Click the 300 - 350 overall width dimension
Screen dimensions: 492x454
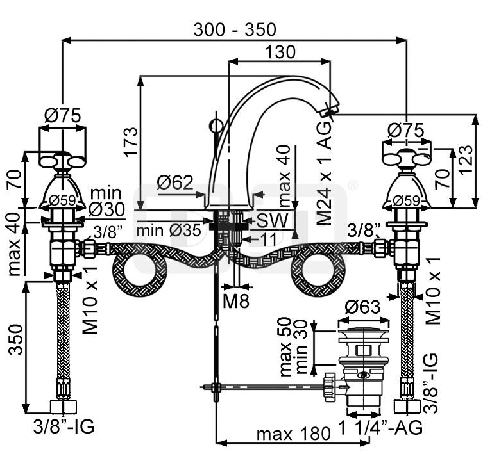[235, 29]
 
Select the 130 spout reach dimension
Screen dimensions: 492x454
[280, 52]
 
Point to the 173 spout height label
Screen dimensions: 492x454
[130, 142]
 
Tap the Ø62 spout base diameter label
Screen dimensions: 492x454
[174, 182]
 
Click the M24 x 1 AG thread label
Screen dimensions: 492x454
[324, 173]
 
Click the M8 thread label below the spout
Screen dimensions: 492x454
[236, 301]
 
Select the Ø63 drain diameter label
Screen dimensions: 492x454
[362, 307]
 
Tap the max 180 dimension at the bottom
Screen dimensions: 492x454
[293, 434]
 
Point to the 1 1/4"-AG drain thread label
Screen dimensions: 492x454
[380, 427]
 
